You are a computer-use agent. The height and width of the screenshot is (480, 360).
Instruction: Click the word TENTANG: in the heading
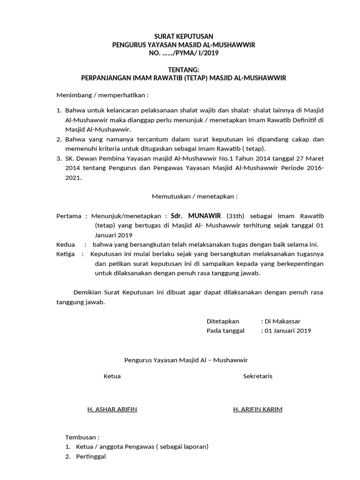(184, 70)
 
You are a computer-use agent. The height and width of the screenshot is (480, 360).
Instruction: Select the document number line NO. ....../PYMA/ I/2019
(184, 53)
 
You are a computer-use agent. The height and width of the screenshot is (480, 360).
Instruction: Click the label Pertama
(69, 216)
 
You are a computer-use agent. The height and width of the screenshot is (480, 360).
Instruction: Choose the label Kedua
(66, 244)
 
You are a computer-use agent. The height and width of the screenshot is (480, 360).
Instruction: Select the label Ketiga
(66, 254)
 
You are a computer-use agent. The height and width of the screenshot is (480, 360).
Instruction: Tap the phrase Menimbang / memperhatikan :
(102, 95)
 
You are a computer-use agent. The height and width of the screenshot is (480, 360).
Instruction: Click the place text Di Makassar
(283, 321)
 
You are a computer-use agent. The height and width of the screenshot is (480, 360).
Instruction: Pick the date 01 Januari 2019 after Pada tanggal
(288, 330)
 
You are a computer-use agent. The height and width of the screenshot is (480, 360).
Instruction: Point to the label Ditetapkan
(223, 321)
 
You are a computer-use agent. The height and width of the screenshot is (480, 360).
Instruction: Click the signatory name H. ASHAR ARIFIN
(112, 409)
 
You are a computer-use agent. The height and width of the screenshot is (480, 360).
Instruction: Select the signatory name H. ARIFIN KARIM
(258, 409)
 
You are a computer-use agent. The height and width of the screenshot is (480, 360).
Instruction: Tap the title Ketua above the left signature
(112, 376)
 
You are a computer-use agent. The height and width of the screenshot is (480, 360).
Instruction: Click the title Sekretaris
(258, 376)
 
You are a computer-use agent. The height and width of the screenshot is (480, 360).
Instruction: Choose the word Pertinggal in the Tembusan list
(91, 456)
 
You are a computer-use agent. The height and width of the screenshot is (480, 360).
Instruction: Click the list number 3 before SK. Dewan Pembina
(59, 159)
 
